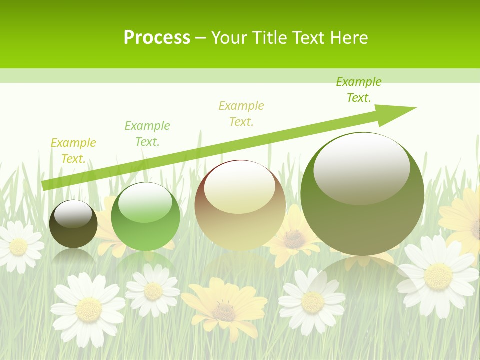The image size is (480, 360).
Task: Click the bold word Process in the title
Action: (x=157, y=38)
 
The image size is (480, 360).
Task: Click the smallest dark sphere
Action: (x=73, y=224)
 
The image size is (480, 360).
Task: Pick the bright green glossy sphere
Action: (x=145, y=217)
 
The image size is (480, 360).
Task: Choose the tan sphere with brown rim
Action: (x=240, y=205)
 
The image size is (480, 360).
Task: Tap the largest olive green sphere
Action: (x=362, y=194)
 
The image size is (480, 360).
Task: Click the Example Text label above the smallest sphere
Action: (x=73, y=151)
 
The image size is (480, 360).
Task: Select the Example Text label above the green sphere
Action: (x=147, y=134)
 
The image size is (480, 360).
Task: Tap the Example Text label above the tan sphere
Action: (x=241, y=113)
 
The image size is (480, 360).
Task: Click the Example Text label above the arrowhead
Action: (x=358, y=90)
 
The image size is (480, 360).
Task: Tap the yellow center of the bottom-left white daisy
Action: (x=89, y=309)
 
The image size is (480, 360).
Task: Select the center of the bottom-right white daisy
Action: (x=438, y=276)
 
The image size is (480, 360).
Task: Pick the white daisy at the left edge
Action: (x=19, y=246)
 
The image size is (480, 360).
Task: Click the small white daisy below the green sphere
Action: (x=153, y=290)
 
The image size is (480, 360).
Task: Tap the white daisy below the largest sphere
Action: (x=312, y=301)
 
